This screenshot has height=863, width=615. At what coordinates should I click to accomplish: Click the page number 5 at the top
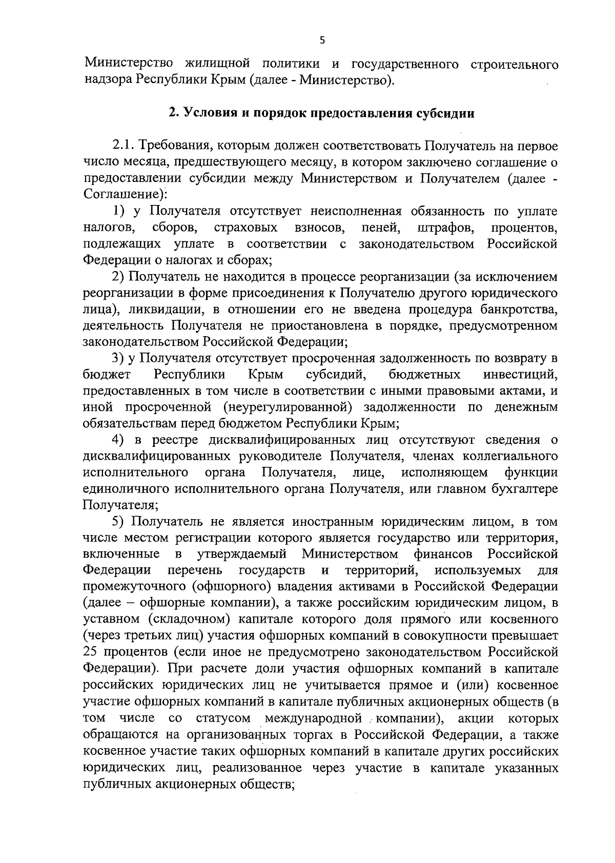(x=322, y=42)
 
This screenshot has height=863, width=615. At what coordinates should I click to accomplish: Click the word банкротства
(x=519, y=310)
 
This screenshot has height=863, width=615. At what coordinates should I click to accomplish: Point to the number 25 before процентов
(x=91, y=653)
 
